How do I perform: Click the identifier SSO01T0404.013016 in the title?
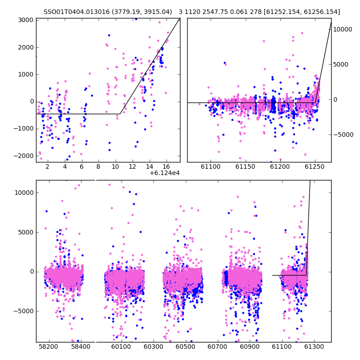click(76, 12)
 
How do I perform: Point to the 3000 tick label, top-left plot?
click(26, 20)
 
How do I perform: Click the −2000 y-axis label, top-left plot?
click(23, 156)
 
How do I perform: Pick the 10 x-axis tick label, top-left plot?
click(115, 166)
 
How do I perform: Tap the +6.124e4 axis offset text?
click(165, 173)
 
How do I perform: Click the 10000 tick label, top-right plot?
click(342, 29)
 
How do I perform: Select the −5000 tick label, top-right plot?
click(343, 135)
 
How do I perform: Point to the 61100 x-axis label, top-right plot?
click(211, 166)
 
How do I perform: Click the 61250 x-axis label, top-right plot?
click(315, 166)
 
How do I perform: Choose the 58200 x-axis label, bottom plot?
click(48, 346)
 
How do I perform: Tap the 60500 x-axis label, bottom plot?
click(185, 346)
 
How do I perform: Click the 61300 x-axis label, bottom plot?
click(314, 346)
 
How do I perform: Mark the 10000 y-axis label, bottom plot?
click(24, 193)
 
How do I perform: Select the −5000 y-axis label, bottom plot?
click(23, 311)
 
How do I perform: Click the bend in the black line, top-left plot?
click(120, 114)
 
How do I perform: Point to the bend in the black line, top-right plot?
click(315, 103)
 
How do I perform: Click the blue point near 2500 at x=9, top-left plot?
click(109, 36)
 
